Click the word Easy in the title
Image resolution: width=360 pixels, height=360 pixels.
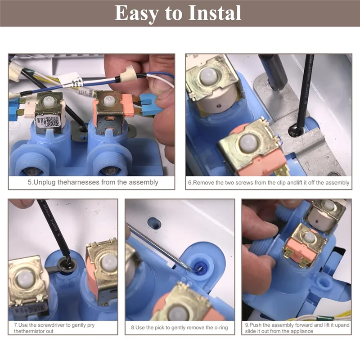pyautogui.click(x=137, y=13)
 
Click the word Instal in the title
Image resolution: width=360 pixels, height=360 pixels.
pyautogui.click(x=215, y=13)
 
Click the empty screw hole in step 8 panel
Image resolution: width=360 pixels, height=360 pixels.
pyautogui.click(x=154, y=224)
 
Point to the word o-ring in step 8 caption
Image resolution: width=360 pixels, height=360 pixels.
pyautogui.click(x=221, y=328)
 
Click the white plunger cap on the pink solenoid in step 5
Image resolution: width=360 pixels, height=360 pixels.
pyautogui.click(x=108, y=100)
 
